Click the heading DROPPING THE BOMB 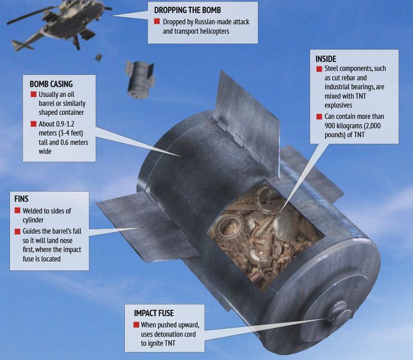[187, 10]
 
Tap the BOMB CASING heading [51, 84]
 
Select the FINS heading [22, 199]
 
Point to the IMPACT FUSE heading [154, 313]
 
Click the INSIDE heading [326, 59]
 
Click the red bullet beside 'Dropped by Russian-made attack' [157, 22]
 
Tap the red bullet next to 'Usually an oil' [34, 94]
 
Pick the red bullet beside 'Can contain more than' [319, 117]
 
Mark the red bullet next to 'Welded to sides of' [17, 210]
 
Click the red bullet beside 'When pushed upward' [136, 325]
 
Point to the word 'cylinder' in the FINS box [33, 220]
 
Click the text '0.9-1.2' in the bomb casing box [65, 124]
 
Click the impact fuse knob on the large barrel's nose [338, 314]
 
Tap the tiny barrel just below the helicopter [98, 57]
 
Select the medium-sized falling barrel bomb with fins [139, 79]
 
